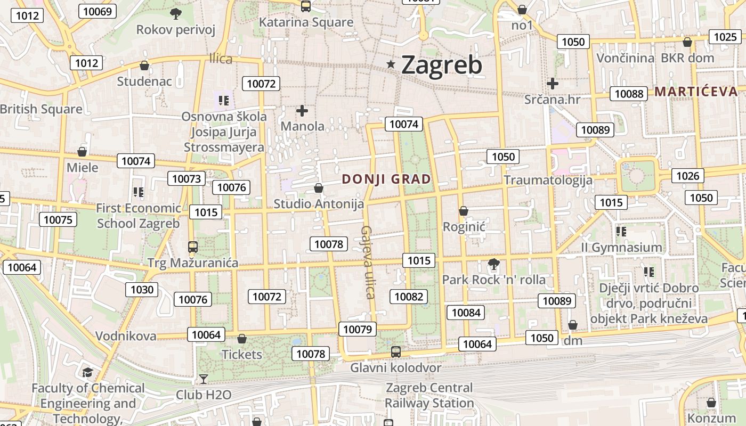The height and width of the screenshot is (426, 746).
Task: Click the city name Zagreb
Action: [x=441, y=65]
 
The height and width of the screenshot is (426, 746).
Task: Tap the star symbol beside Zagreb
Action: [x=391, y=64]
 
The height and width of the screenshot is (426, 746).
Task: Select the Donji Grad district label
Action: [x=386, y=179]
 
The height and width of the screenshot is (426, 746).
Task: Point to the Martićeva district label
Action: [x=696, y=91]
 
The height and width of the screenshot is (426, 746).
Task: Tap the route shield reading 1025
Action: [x=725, y=37]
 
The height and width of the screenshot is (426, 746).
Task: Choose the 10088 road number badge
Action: [x=629, y=94]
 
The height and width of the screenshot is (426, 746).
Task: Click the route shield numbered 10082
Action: [x=409, y=297]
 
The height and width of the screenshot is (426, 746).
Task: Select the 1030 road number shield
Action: [x=142, y=290]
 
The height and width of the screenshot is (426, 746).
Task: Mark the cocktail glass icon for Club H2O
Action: [x=203, y=379]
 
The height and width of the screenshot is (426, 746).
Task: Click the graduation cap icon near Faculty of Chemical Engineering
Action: [x=87, y=372]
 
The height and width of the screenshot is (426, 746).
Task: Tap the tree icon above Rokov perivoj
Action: [x=175, y=13]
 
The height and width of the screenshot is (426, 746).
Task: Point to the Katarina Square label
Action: [x=306, y=22]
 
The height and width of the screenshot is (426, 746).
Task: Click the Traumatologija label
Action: [x=548, y=179]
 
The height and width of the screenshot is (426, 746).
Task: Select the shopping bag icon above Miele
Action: [x=82, y=152]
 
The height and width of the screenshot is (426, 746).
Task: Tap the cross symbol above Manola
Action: [x=302, y=111]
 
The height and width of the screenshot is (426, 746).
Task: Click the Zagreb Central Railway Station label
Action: [x=429, y=395]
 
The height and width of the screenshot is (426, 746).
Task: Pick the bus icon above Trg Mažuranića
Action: [x=193, y=247]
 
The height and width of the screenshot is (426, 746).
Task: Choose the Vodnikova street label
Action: [x=126, y=335]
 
